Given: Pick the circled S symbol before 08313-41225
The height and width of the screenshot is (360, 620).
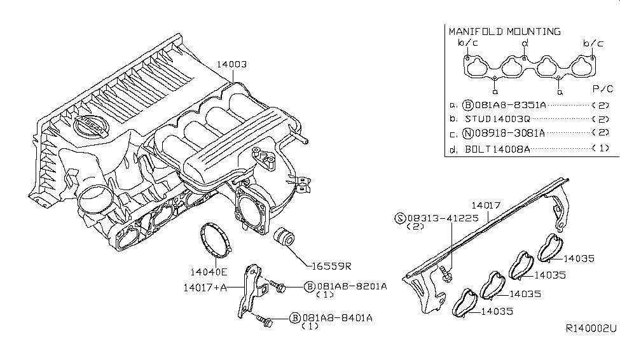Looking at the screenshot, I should pos(400,218).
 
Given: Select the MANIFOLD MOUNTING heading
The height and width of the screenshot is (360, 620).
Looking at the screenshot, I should pos(505,31).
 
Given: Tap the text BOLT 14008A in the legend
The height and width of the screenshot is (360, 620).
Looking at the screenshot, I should pos(497,149).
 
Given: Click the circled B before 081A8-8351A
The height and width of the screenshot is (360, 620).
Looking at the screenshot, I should pos(467,105).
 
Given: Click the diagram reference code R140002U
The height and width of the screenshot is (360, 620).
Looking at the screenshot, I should pos(591,329).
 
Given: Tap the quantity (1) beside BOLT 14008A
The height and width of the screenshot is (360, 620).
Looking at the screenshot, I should pos(601,149).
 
